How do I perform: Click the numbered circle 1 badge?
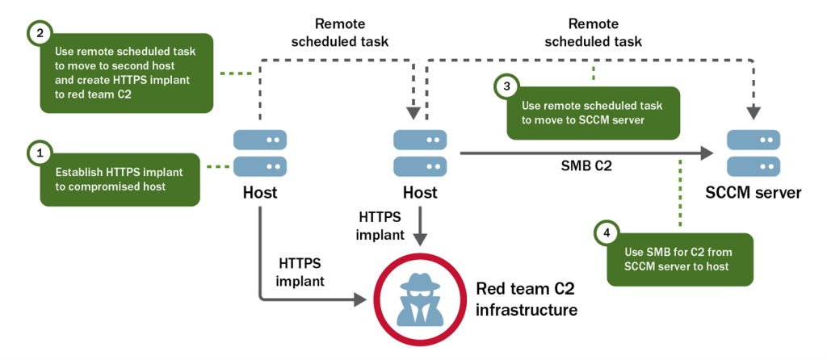pos(38,152)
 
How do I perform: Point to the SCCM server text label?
pos(752,193)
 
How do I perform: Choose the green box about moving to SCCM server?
pos(593,113)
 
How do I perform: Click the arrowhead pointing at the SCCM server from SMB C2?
pos(708,152)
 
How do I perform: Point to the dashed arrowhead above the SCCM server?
pos(752,113)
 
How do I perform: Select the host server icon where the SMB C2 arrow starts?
pos(420,153)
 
